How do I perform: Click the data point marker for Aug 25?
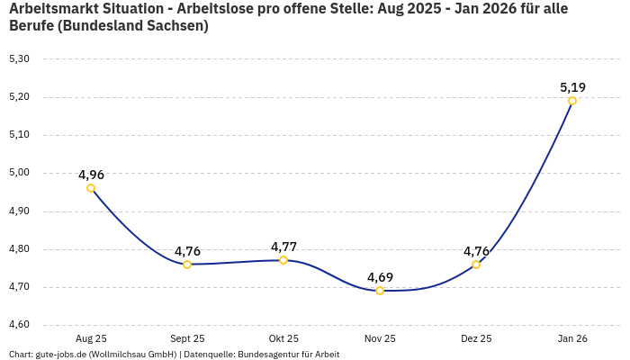(x=91, y=188)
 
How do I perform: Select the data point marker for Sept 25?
(x=187, y=265)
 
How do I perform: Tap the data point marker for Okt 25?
(x=283, y=260)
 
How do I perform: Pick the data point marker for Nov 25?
(x=380, y=291)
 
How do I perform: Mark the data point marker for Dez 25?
(x=476, y=265)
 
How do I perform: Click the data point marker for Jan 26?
(x=572, y=101)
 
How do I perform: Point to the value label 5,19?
(x=572, y=87)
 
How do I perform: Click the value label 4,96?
(x=91, y=175)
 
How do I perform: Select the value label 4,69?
(x=380, y=277)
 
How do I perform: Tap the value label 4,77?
(x=283, y=247)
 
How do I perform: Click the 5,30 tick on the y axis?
(x=19, y=59)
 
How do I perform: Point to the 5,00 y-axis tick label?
(x=19, y=173)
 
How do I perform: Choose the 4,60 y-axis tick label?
(x=19, y=325)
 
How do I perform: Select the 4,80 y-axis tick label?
(x=19, y=249)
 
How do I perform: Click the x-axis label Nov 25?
(x=380, y=338)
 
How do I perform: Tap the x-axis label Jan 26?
(x=572, y=338)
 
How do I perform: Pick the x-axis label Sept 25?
(x=187, y=338)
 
